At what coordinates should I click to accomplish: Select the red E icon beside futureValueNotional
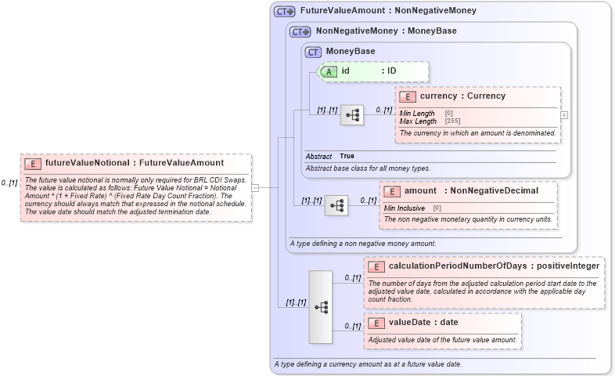[x=33, y=164]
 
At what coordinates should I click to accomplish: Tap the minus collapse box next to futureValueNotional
[x=255, y=187]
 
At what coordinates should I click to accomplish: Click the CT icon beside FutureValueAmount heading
[x=284, y=11]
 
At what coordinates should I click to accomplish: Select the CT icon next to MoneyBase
[x=313, y=52]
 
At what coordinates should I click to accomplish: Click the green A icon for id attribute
[x=329, y=71]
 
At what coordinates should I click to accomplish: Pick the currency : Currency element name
[x=462, y=96]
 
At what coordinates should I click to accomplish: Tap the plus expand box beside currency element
[x=564, y=114]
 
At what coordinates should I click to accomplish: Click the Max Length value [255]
[x=452, y=121]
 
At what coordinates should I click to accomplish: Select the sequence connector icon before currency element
[x=352, y=115]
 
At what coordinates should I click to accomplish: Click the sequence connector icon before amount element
[x=336, y=205]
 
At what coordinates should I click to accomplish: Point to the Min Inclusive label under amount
[x=405, y=208]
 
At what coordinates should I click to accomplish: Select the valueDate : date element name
[x=423, y=322]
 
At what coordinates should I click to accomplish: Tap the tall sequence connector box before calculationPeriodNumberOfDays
[x=321, y=306]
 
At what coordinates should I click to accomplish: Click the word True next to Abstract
[x=347, y=156]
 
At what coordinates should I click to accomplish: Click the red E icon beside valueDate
[x=376, y=322]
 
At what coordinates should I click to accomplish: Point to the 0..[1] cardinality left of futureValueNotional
[x=9, y=183]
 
